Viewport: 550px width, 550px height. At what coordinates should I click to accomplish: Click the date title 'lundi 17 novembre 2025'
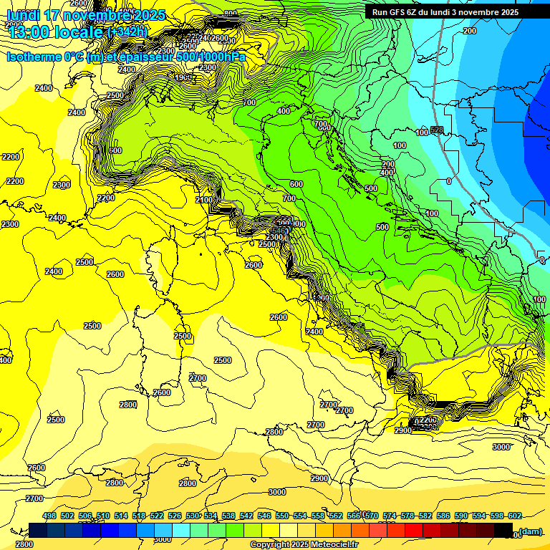click(86, 15)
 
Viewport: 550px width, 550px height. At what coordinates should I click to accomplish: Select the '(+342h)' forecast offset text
click(127, 32)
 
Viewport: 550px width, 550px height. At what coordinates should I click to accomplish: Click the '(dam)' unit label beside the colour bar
click(530, 531)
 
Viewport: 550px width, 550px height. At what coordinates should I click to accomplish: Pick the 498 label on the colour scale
click(49, 516)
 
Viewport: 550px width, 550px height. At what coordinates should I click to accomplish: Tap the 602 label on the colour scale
click(513, 516)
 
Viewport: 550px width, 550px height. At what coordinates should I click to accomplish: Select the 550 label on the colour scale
click(281, 516)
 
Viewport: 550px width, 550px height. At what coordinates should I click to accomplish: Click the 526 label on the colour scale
click(175, 516)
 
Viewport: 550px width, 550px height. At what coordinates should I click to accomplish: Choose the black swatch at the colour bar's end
click(503, 530)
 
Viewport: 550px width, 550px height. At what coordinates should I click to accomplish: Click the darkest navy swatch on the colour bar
click(38, 530)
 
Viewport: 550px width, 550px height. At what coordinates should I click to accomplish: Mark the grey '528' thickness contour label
click(437, 130)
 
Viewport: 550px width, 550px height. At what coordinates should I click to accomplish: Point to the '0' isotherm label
click(449, 182)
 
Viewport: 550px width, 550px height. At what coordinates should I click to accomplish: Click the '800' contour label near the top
click(230, 14)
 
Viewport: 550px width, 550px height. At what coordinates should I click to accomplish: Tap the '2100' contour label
click(203, 200)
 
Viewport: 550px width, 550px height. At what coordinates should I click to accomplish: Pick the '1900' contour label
click(183, 77)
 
